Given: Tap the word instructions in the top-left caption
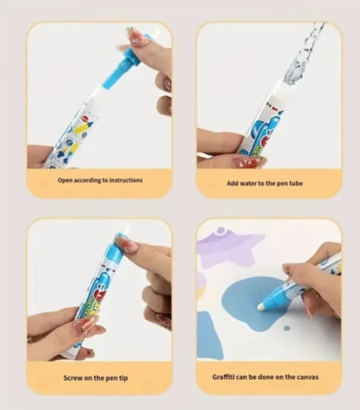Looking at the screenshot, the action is point(126,180).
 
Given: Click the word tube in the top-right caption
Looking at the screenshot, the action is point(296,183).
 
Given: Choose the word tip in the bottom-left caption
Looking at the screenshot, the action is point(124,378).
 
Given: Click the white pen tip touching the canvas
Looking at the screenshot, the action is point(261,306).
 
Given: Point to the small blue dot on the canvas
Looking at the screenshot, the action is point(287,328).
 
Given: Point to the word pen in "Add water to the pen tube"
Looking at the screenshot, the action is point(282,184).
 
